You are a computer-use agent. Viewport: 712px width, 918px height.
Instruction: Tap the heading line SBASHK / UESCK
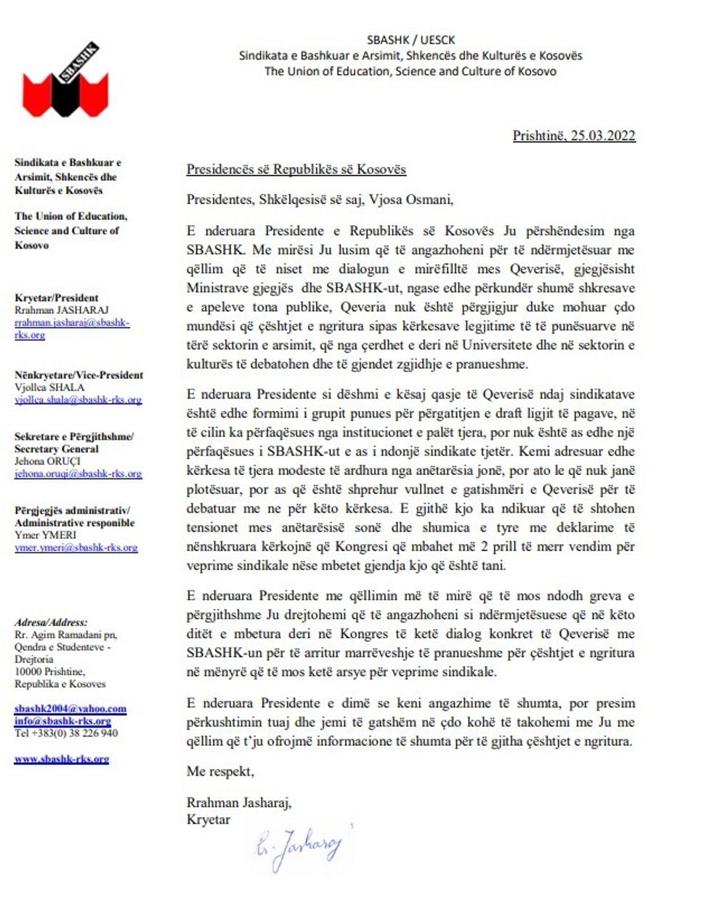[410, 40]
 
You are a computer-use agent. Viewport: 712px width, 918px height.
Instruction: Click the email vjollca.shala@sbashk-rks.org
[78, 399]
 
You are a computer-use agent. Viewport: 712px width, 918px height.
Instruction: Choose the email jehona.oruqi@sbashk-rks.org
[78, 474]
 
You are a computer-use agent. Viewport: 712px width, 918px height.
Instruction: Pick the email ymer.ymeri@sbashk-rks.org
[76, 548]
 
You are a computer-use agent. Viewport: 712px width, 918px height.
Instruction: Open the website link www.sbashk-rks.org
[61, 759]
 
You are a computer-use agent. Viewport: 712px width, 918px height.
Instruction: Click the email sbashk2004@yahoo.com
[70, 708]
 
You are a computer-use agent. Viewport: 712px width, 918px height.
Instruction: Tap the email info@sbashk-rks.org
[62, 721]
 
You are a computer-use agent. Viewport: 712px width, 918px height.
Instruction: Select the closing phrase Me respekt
[220, 771]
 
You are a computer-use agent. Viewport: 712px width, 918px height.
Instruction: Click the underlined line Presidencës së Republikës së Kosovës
[296, 170]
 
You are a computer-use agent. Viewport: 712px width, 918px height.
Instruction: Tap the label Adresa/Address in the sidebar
[50, 622]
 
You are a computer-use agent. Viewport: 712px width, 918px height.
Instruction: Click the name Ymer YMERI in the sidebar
[41, 535]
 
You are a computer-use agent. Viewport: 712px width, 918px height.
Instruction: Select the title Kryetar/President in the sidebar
[56, 298]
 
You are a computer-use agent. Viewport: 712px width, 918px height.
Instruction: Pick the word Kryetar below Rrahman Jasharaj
[208, 820]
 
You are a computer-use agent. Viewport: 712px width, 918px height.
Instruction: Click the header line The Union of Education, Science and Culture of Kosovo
[410, 71]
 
